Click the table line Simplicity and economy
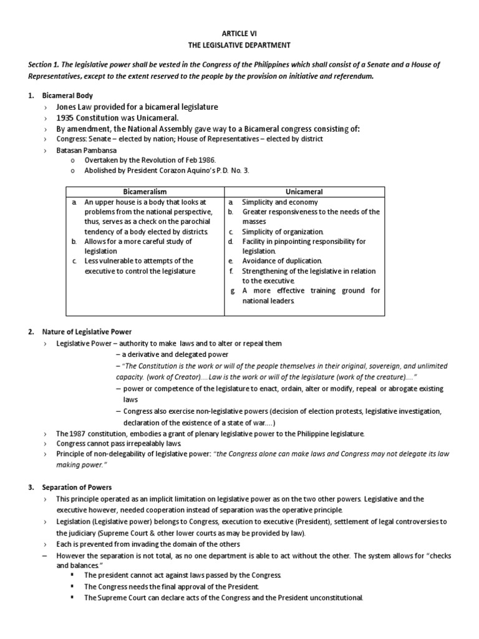(x=279, y=202)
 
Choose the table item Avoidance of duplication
(x=282, y=261)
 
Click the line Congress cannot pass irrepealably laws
(x=119, y=443)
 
